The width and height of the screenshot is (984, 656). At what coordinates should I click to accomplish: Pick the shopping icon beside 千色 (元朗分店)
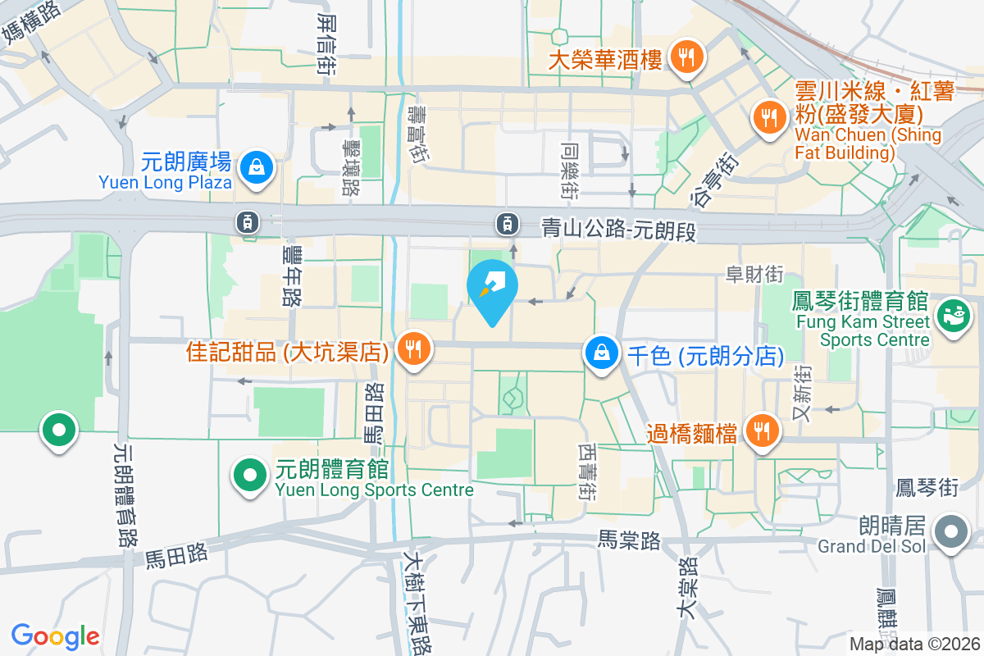pyautogui.click(x=602, y=353)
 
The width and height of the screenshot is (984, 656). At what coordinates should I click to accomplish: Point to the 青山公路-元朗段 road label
pyautogui.click(x=619, y=229)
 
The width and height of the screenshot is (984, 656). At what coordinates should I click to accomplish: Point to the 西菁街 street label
pyautogui.click(x=587, y=473)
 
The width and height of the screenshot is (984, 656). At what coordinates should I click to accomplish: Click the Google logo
pyautogui.click(x=55, y=635)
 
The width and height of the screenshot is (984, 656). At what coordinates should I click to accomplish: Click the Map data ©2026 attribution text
pyautogui.click(x=913, y=645)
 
